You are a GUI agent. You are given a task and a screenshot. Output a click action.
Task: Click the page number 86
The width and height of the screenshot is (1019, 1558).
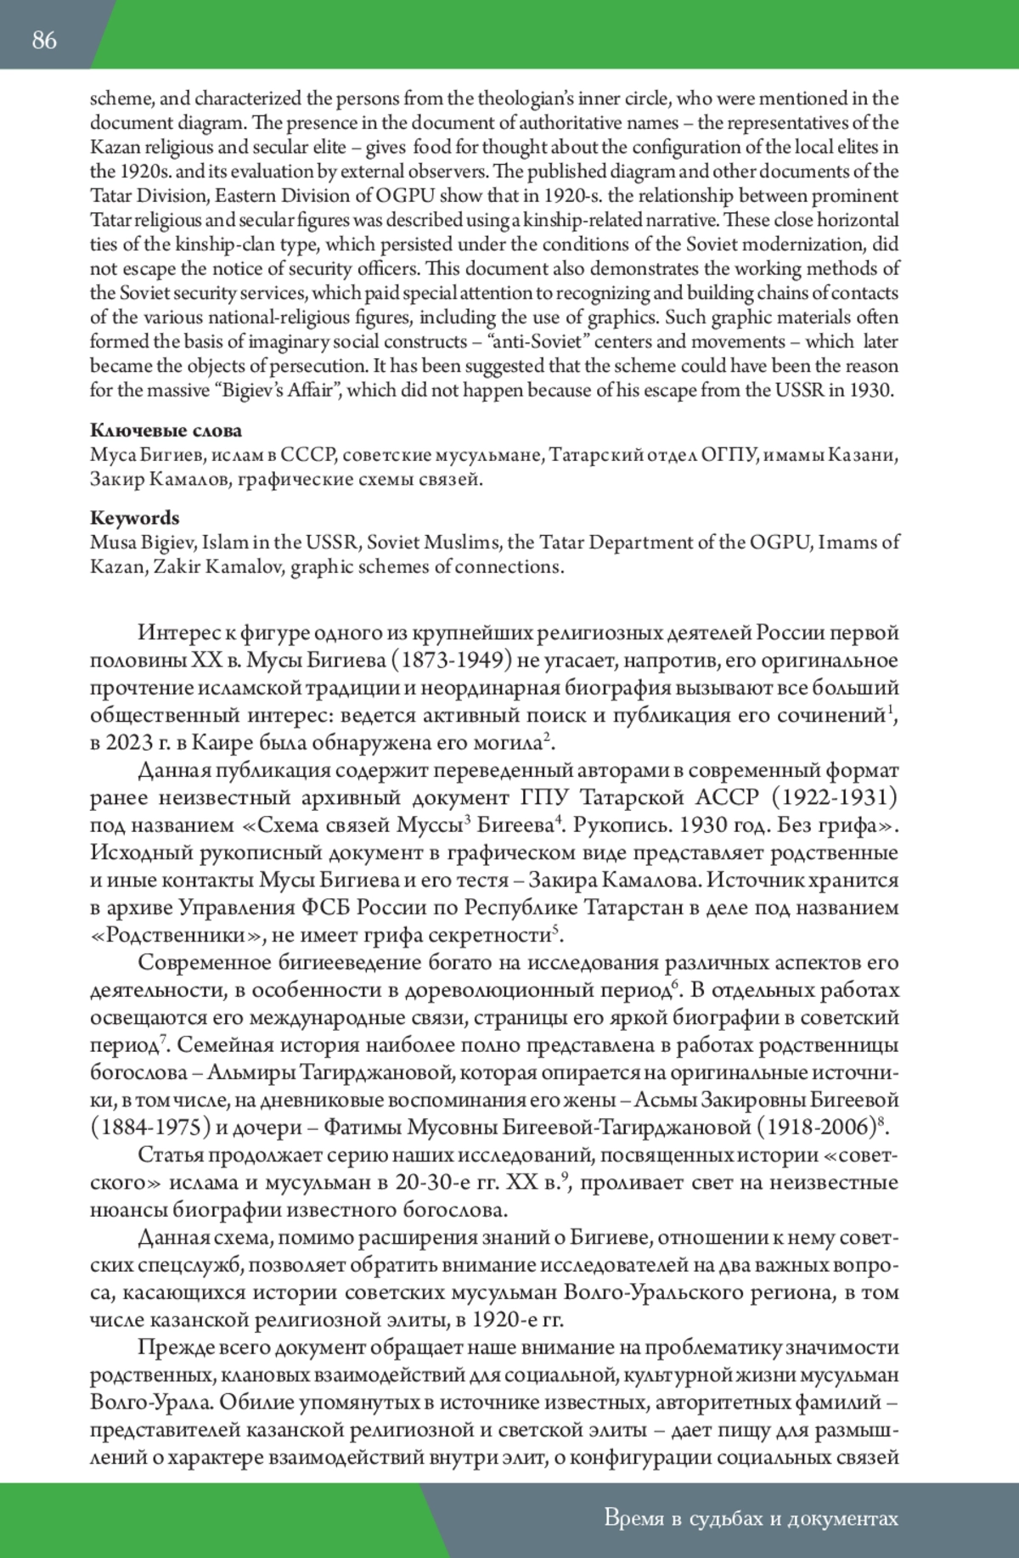[44, 40]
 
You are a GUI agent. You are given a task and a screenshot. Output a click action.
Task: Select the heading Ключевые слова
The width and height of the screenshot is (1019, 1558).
[166, 430]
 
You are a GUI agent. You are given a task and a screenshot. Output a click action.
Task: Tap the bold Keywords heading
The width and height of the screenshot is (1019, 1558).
[134, 518]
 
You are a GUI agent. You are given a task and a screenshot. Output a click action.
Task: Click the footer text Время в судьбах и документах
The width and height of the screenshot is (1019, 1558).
[751, 1518]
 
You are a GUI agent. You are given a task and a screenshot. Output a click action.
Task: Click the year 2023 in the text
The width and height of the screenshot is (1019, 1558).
[129, 743]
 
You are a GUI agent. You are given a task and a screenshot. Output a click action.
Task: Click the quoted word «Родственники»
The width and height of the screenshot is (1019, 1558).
[175, 936]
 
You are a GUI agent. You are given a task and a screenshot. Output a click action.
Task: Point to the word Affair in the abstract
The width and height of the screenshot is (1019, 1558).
[310, 391]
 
